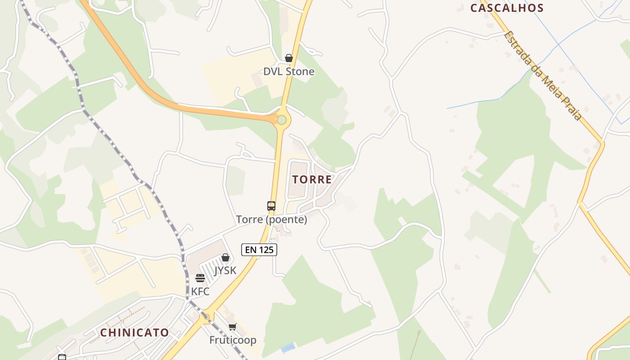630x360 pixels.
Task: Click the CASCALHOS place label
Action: (x=507, y=8)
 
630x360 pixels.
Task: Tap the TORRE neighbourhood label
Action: (x=312, y=180)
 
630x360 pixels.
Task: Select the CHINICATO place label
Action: (x=135, y=333)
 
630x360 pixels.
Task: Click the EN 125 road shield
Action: (x=259, y=250)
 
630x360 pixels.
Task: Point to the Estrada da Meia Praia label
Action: (x=542, y=75)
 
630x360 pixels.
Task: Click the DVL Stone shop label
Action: (x=289, y=72)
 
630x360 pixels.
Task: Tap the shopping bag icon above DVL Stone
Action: (x=289, y=58)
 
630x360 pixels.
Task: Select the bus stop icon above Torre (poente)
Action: (x=271, y=206)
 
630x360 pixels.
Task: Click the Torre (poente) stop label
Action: (x=272, y=220)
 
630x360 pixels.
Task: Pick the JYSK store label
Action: (x=225, y=270)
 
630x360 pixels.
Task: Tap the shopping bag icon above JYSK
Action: (x=225, y=257)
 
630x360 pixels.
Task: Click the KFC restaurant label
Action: (x=200, y=292)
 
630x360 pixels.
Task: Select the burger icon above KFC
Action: (x=200, y=279)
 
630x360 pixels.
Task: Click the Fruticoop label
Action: (x=233, y=340)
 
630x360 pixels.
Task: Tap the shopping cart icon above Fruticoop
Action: (x=232, y=327)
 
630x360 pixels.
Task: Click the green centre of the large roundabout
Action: (x=282, y=120)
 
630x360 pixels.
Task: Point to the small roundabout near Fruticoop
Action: (x=207, y=317)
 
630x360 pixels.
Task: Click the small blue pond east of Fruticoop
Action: (x=288, y=347)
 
